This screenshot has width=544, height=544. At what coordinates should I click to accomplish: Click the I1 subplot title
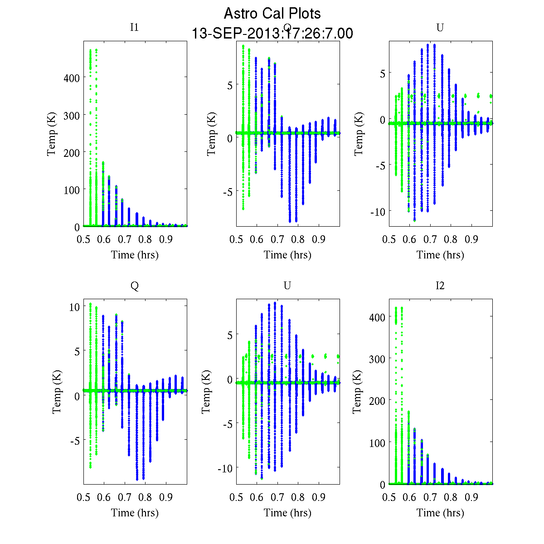click(134, 28)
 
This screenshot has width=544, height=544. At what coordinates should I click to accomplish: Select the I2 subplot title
click(440, 286)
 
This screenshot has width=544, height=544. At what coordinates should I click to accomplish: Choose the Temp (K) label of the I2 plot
click(357, 392)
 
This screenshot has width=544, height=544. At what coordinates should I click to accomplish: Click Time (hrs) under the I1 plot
click(135, 255)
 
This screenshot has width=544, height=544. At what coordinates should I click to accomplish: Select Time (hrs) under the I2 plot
click(440, 513)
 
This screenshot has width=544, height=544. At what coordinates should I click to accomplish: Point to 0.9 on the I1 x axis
click(166, 239)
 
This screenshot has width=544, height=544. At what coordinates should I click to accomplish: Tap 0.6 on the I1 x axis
click(104, 239)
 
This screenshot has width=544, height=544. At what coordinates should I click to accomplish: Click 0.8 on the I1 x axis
click(146, 239)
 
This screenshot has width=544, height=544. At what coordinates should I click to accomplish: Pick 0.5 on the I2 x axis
click(389, 497)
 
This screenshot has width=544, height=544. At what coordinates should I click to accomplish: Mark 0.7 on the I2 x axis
click(430, 497)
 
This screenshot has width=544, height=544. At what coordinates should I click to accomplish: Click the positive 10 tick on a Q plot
click(74, 307)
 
